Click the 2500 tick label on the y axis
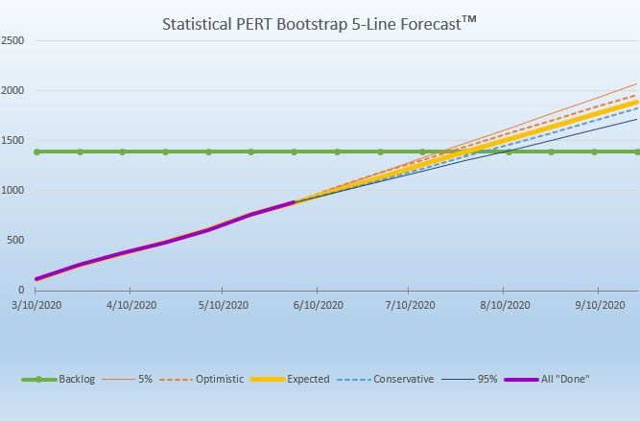13,41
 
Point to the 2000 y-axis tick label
13,91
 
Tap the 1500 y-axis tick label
13,141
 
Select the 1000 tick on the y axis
13,191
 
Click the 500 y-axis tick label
17,241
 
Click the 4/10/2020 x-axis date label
130,306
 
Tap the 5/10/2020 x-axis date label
224,306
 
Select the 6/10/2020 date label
318,306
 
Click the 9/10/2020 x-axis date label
598,306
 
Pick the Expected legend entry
307,380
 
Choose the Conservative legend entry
403,380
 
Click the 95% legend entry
487,380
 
